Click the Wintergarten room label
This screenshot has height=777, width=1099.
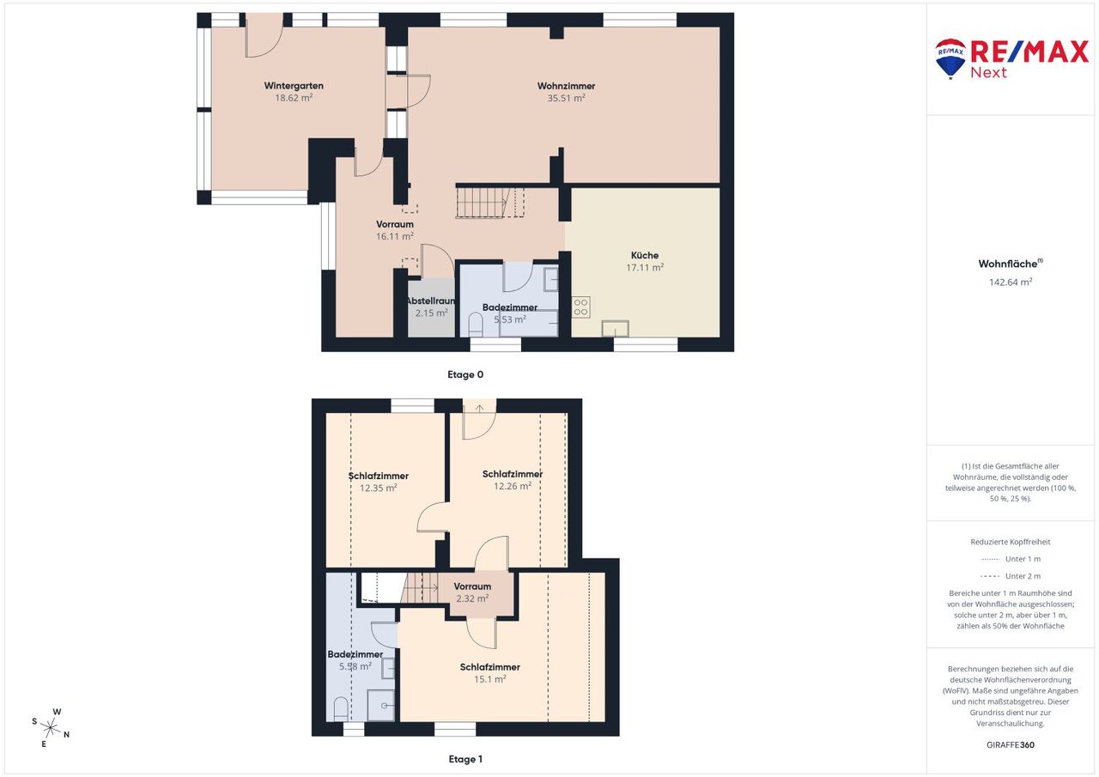[294, 86]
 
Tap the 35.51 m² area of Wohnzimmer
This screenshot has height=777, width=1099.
[566, 98]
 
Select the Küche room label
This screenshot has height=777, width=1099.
[645, 255]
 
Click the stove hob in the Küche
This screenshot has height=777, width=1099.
[581, 307]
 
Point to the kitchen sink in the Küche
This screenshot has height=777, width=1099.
[616, 328]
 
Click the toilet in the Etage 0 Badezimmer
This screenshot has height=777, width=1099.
[476, 325]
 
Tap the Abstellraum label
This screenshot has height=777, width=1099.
[431, 300]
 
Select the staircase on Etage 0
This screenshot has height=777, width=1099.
[489, 202]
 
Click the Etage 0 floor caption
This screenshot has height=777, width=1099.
[465, 375]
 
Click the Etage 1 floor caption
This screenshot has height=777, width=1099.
[465, 759]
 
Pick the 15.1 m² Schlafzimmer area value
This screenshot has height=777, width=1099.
[489, 679]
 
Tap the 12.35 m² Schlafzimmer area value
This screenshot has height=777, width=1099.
[379, 488]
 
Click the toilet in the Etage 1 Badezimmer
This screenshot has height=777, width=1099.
[341, 709]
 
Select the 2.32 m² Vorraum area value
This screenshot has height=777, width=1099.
[472, 598]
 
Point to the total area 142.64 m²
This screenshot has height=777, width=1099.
[1011, 282]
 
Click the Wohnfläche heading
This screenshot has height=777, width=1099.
[1011, 264]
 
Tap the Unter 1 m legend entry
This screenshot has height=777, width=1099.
[1011, 559]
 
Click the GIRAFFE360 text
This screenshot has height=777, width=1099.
[1011, 744]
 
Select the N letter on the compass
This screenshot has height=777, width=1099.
[67, 734]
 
